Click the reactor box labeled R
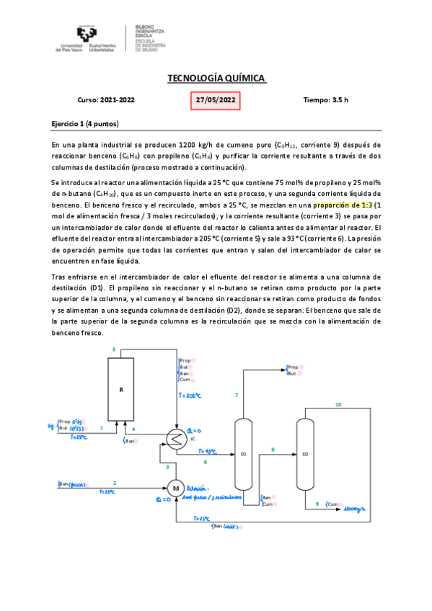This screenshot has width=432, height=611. pos(121,389)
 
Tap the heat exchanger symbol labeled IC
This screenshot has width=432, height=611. pos(175,437)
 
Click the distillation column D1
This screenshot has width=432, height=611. pos(243,454)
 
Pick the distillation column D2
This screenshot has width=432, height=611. pos(305,454)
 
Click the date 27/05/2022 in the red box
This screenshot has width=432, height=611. pos(215,100)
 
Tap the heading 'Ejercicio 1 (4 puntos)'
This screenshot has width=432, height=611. pos(85,124)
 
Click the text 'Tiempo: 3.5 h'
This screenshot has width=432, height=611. pos(326,100)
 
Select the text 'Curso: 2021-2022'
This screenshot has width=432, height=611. pos(105,100)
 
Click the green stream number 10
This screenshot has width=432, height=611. pos(338,405)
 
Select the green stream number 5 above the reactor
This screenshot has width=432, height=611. pos(113,349)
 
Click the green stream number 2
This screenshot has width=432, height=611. pos(114,483)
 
